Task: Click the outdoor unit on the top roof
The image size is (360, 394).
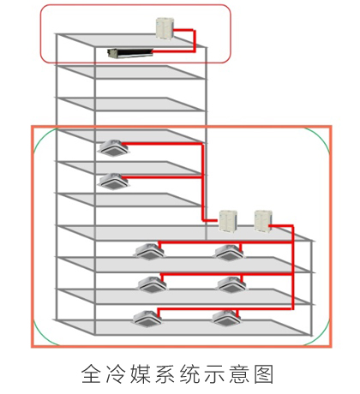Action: pyautogui.click(x=165, y=28)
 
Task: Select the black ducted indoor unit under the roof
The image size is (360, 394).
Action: pyautogui.click(x=130, y=53)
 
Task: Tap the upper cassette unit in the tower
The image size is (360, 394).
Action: pyautogui.click(x=113, y=148)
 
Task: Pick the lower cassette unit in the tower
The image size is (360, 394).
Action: pyautogui.click(x=114, y=182)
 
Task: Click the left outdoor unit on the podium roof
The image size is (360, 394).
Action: pyautogui.click(x=228, y=221)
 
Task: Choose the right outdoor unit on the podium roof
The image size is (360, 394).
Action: pyautogui.click(x=263, y=221)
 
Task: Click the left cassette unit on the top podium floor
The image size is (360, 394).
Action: pyautogui.click(x=150, y=251)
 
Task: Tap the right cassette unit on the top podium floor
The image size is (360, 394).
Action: pyautogui.click(x=230, y=252)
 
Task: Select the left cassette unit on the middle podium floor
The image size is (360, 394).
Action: pyautogui.click(x=153, y=284)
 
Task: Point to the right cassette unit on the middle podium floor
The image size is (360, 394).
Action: pyautogui.click(x=232, y=284)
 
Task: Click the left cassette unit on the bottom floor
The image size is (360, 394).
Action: pyautogui.click(x=147, y=319)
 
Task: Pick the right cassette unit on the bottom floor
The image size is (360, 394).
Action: pyautogui.click(x=226, y=319)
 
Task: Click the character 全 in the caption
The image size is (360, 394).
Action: pyautogui.click(x=91, y=373)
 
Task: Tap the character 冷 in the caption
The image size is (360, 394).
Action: pyautogui.click(x=116, y=373)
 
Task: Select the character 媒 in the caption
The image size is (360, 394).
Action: pyautogui.click(x=141, y=373)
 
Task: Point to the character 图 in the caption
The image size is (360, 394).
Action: pyautogui.click(x=264, y=373)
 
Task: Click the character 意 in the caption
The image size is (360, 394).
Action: pyautogui.click(x=239, y=373)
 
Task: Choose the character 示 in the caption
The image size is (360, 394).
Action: pyautogui.click(x=214, y=373)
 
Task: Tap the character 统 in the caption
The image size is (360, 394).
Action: pyautogui.click(x=189, y=373)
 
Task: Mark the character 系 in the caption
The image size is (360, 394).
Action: pyautogui.click(x=165, y=373)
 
